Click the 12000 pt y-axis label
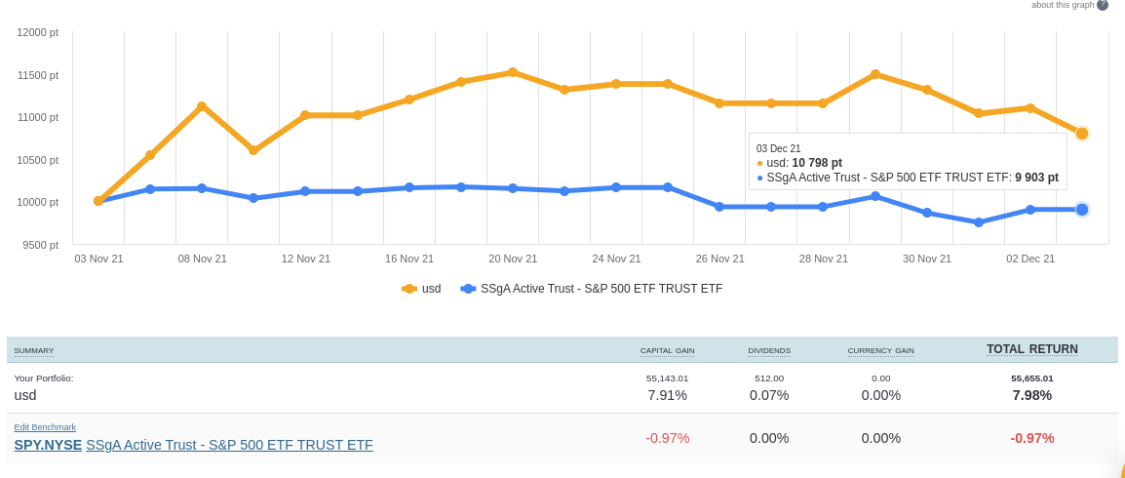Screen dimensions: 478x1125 (x=38, y=32)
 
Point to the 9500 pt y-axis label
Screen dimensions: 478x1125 (x=40, y=245)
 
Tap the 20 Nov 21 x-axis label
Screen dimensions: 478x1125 (x=513, y=259)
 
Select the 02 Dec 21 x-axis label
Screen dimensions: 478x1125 (x=1030, y=259)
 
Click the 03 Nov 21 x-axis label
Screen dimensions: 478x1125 (x=98, y=259)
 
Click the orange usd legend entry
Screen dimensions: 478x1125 (x=421, y=289)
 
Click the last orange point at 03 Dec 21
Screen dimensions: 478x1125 (x=1082, y=133)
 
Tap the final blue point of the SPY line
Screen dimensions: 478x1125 (x=1082, y=210)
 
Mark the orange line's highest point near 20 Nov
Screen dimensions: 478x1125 (x=513, y=72)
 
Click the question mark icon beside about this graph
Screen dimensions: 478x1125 (x=1103, y=5)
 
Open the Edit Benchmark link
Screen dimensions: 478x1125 (x=45, y=427)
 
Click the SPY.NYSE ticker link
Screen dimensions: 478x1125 (x=48, y=445)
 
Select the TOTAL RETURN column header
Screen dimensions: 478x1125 (x=1031, y=349)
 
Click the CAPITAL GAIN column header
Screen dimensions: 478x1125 (x=667, y=350)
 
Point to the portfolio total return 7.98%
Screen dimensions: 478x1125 (x=1031, y=395)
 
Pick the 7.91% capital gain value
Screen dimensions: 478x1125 (x=667, y=395)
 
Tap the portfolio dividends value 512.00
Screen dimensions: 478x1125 (x=768, y=378)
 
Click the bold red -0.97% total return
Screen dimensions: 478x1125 (x=1031, y=438)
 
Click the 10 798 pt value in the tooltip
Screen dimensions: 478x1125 (x=817, y=163)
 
